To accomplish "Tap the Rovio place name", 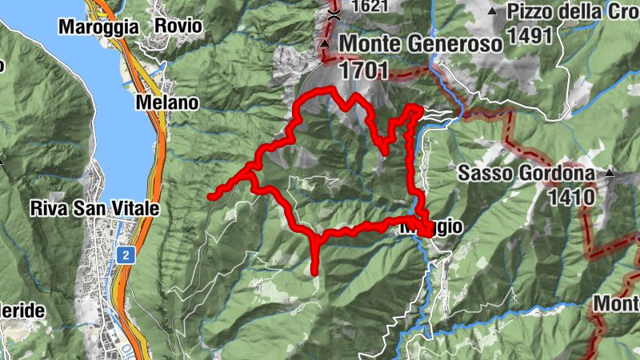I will click(x=179, y=26).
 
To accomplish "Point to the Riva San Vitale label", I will click(x=94, y=208).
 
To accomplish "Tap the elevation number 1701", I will click(x=363, y=70).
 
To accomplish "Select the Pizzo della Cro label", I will click(x=571, y=12).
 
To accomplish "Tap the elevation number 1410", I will click(x=571, y=195).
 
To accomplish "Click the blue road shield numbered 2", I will click(x=126, y=254).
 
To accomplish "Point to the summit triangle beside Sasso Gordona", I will click(x=610, y=172).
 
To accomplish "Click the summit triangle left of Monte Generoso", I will click(x=325, y=43).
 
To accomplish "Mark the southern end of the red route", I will click(x=314, y=272).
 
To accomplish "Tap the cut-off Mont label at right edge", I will click(x=617, y=304).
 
